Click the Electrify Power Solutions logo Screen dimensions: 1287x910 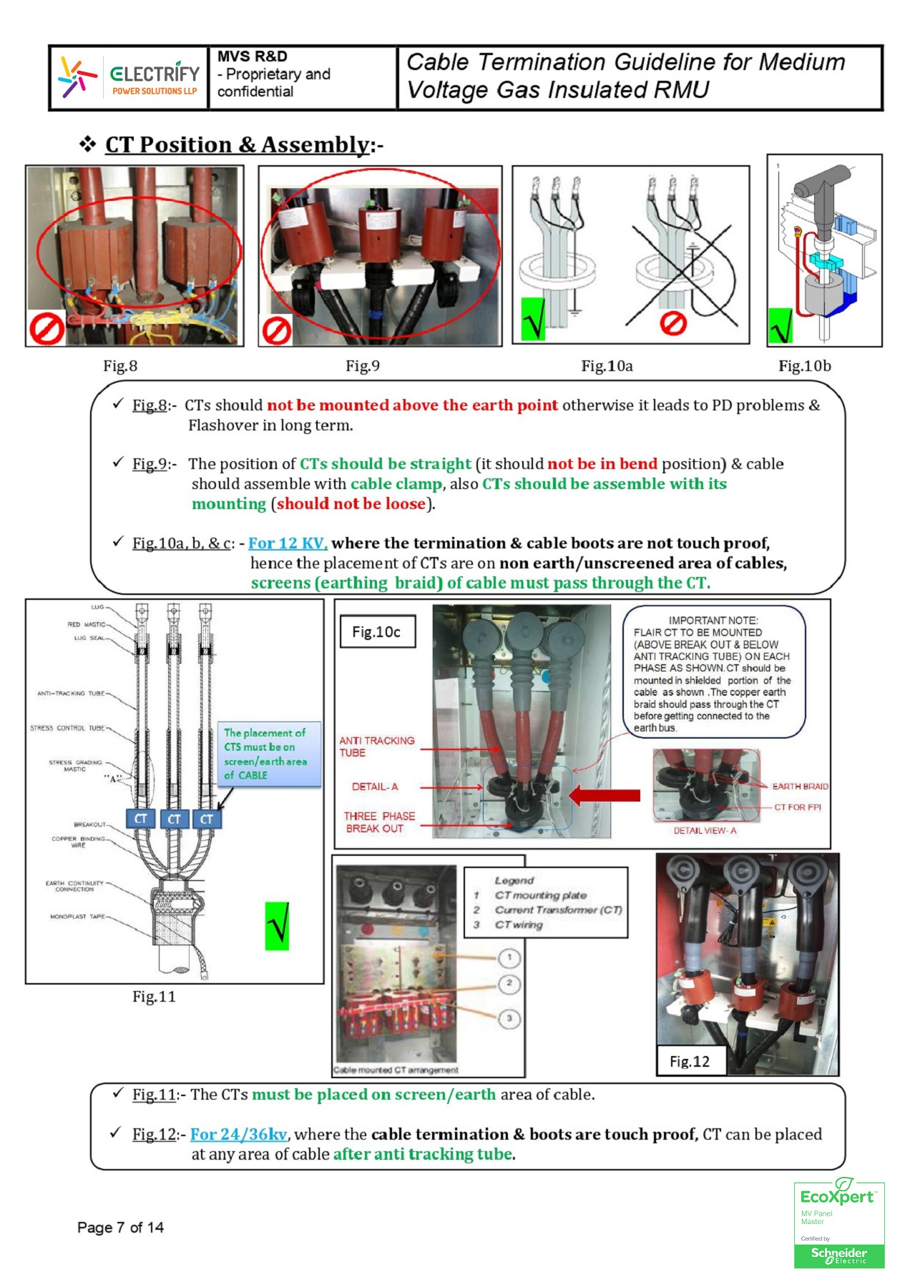point(129,77)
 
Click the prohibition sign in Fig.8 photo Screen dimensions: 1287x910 point(47,329)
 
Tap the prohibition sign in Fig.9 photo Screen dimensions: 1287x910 point(277,330)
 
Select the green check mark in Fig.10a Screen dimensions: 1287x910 point(533,319)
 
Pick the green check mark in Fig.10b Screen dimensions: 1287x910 point(781,326)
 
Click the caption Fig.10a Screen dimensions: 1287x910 point(607,366)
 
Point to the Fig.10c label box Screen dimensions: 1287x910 point(377,632)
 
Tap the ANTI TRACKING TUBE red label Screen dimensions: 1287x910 point(376,746)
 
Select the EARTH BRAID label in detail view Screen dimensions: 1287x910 point(799,786)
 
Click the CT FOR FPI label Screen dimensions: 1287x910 point(797,807)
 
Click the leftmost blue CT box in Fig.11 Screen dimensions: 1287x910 point(141,819)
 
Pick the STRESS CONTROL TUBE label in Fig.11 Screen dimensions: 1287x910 point(67,728)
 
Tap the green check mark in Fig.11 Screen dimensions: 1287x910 point(277,926)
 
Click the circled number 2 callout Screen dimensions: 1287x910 point(509,984)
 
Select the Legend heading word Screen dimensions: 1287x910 point(514,880)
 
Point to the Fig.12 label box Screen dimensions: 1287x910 point(690,1061)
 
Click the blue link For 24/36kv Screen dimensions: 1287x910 point(238,1134)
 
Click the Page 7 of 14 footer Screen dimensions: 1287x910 point(120,1228)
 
